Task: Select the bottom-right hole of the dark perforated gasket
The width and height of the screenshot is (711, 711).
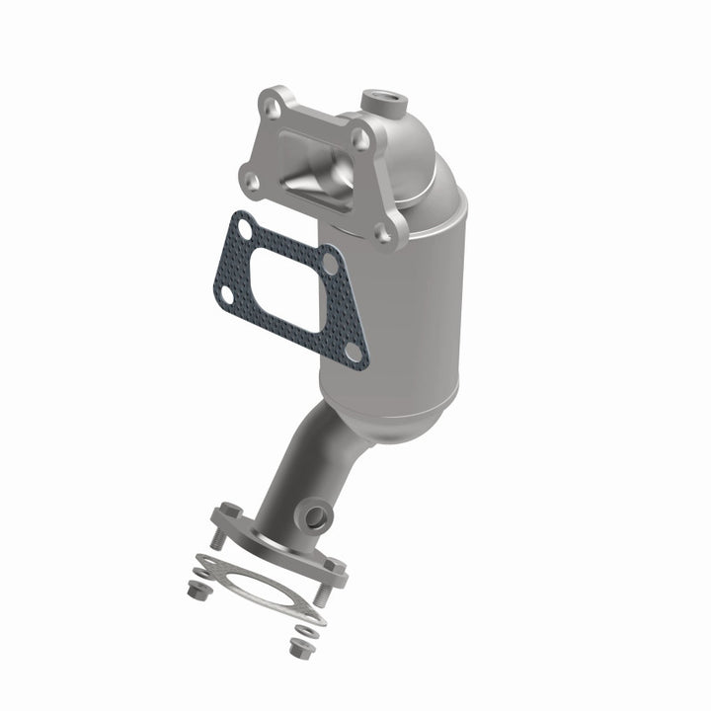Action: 352,352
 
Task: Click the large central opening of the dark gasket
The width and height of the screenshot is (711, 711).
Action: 285,288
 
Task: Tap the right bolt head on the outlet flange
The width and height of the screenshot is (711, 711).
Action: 336,568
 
